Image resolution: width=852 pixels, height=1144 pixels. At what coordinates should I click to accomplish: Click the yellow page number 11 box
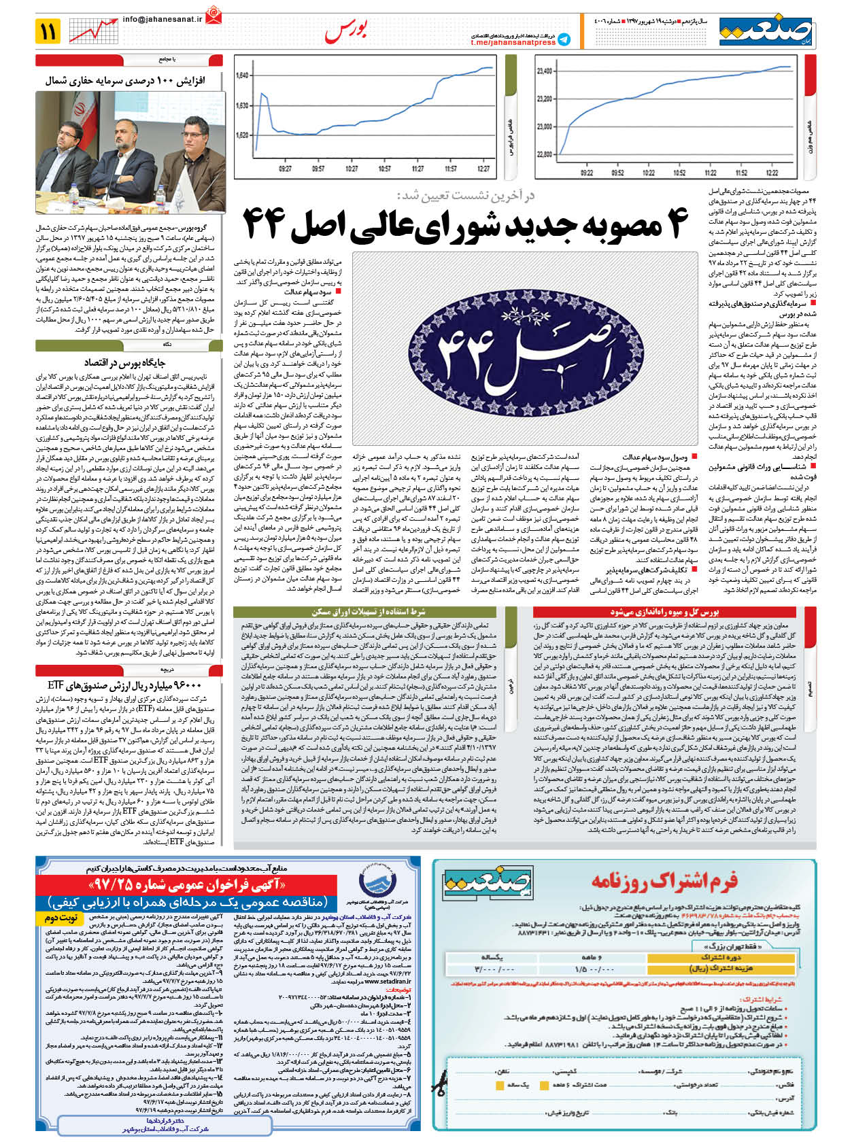[x=49, y=31]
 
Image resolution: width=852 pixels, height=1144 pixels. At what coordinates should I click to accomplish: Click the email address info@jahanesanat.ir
[x=163, y=20]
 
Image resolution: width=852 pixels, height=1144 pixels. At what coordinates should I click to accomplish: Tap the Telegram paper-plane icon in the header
[x=564, y=39]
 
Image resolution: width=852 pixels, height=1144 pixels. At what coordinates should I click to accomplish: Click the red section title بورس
[x=346, y=31]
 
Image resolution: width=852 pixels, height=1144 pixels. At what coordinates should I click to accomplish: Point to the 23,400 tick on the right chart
[x=544, y=71]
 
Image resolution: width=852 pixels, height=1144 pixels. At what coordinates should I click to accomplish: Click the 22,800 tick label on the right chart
[x=544, y=154]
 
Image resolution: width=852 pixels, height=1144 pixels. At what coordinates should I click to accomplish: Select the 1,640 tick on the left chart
[x=242, y=75]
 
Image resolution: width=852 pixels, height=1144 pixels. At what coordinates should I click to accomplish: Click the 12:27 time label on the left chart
[x=483, y=169]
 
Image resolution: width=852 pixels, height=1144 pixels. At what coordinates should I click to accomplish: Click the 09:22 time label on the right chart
[x=587, y=173]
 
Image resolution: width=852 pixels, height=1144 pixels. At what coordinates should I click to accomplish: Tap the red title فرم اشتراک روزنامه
[x=664, y=882]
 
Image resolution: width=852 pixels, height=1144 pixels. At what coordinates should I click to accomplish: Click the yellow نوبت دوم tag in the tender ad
[x=61, y=918]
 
